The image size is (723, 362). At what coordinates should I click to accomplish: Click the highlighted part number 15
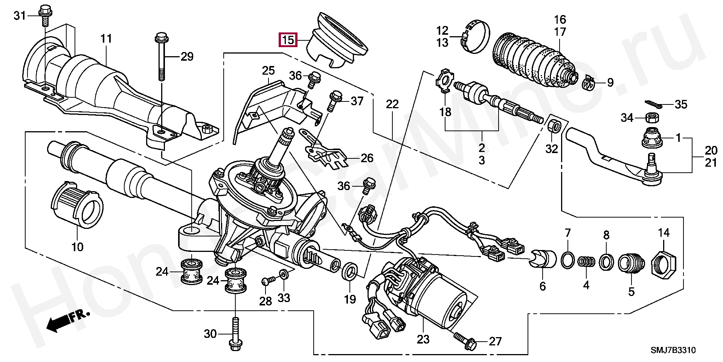(x=288, y=40)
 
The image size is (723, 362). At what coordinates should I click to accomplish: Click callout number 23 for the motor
(x=423, y=339)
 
